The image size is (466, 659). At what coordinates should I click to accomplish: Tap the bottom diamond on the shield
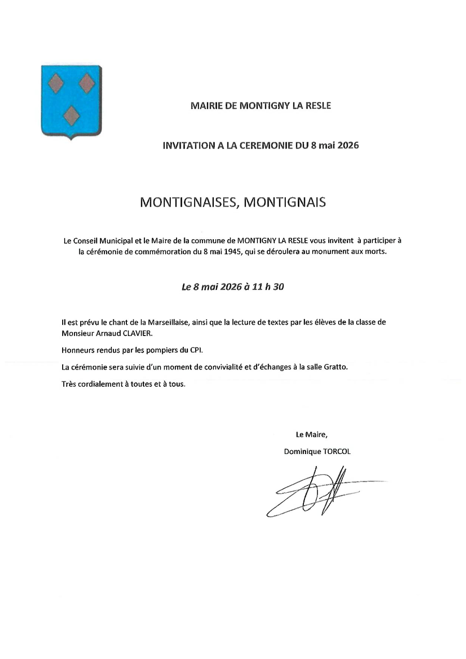pyautogui.click(x=71, y=117)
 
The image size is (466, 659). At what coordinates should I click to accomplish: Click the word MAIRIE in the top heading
pyautogui.click(x=206, y=106)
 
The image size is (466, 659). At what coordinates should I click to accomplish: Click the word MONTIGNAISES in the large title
pyautogui.click(x=188, y=202)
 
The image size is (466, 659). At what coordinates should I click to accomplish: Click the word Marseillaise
pyautogui.click(x=164, y=322)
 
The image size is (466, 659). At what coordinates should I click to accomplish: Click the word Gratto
pyautogui.click(x=337, y=368)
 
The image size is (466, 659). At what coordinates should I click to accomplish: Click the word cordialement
pyautogui.click(x=98, y=385)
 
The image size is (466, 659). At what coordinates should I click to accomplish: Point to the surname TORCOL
pyautogui.click(x=337, y=451)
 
